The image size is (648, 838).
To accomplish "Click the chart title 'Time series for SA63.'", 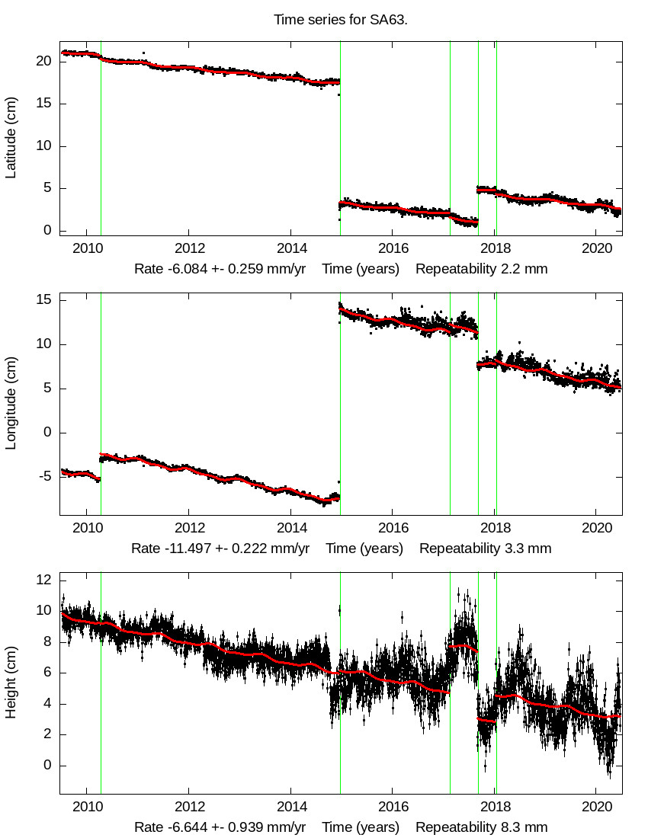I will pos(341,20).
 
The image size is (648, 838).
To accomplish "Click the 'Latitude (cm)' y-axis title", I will pos(11,138).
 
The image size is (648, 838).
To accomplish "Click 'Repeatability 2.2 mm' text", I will pos(481,269).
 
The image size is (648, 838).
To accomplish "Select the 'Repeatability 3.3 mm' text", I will pos(485,549).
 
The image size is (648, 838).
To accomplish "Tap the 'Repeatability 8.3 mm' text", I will pos(481,827).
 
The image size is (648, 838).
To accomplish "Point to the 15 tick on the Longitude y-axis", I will pos(45,300).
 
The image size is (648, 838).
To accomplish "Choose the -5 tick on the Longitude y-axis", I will pos(45,477).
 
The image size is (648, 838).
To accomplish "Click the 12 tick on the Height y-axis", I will pos(45,580).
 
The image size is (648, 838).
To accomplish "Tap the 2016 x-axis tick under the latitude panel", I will pos(393,248).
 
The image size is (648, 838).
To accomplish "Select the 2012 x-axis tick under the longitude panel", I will pos(189,527).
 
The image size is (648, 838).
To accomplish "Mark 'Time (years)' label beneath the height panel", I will pos(361,827).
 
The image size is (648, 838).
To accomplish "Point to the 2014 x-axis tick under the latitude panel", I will pos(291,248).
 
